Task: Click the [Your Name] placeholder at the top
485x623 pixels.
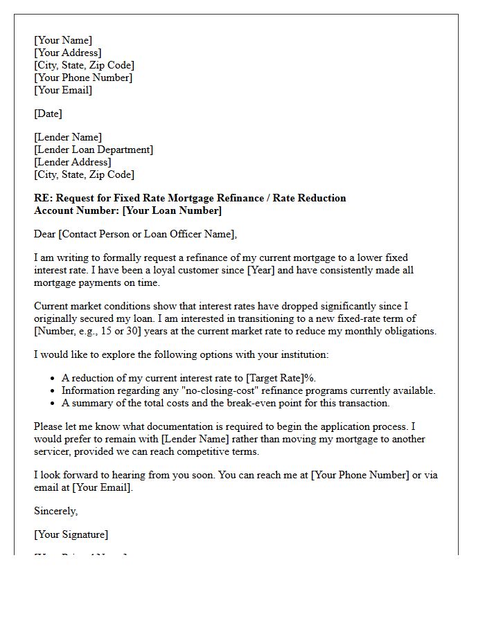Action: point(63,40)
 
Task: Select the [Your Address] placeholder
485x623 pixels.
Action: point(68,53)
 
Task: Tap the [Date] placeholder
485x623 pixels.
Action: point(48,114)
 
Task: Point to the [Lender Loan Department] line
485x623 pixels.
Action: point(94,150)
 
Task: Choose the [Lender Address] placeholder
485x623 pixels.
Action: point(73,162)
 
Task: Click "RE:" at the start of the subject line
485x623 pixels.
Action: point(43,198)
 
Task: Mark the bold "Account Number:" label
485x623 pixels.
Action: point(76,210)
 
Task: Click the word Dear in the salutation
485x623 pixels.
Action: point(45,234)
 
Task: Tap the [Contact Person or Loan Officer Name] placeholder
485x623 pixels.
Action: point(147,234)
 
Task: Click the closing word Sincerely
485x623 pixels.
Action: point(55,511)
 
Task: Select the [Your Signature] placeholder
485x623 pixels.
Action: point(71,534)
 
